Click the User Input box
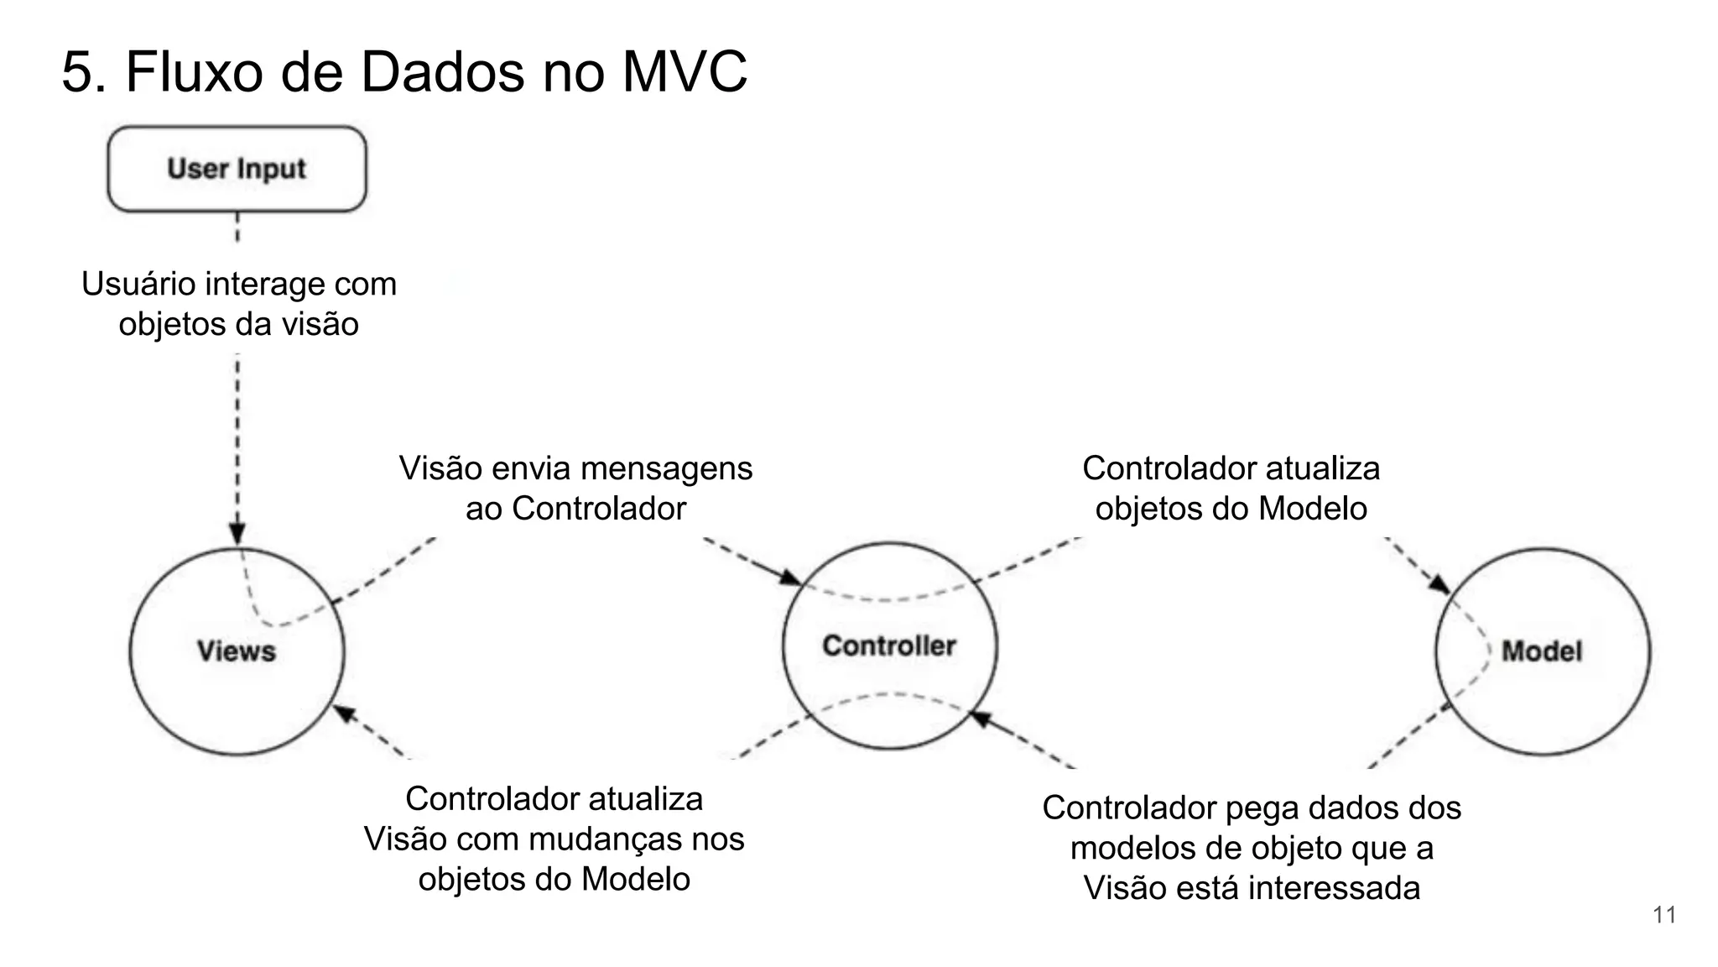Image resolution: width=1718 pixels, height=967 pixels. tap(237, 169)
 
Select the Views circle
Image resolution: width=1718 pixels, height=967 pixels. tap(237, 651)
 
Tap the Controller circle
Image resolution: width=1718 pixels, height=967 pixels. tap(889, 646)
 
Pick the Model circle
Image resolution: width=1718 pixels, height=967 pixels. tap(1542, 651)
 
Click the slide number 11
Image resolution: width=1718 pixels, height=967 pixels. tap(1664, 915)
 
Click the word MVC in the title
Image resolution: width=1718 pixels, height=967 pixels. tap(685, 72)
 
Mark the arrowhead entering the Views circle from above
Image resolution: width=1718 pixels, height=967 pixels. tap(237, 535)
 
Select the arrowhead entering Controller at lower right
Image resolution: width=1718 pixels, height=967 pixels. tap(981, 719)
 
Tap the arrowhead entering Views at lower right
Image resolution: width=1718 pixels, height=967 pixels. tap(344, 713)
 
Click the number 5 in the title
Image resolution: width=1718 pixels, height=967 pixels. tap(77, 72)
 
